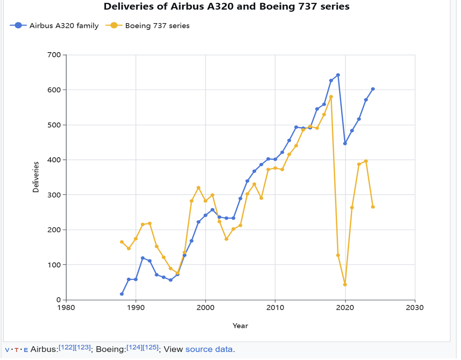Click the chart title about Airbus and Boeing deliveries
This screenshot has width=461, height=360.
226,7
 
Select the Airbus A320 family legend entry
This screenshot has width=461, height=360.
55,26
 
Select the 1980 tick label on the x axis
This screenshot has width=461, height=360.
66,307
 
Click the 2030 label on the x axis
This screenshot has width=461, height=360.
415,307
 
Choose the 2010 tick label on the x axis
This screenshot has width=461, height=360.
275,307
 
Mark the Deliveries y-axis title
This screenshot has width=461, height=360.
36,177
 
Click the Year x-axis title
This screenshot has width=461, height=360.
240,326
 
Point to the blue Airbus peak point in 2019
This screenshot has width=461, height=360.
338,75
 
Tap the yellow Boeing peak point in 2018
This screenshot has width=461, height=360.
331,97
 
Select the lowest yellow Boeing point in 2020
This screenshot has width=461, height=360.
345,285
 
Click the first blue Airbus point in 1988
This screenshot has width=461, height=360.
122,294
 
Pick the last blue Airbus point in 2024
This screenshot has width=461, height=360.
373,89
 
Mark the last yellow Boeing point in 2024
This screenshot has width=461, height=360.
373,207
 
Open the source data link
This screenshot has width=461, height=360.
209,349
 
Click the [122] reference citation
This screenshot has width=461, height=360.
67,347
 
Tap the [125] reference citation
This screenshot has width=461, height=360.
151,347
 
